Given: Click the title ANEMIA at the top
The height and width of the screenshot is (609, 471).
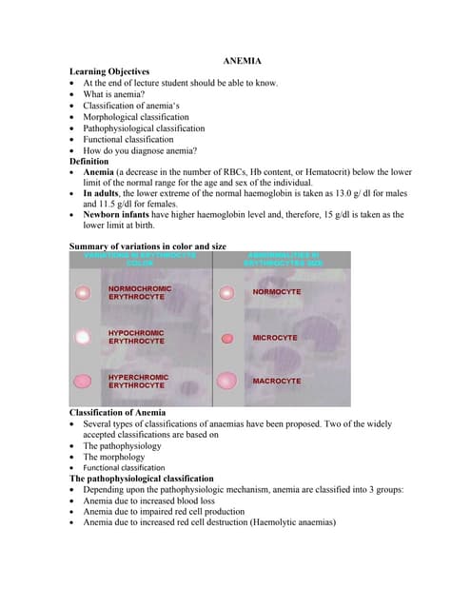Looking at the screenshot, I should tap(242, 61).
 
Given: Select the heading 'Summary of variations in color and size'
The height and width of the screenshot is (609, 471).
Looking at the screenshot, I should tap(147, 246).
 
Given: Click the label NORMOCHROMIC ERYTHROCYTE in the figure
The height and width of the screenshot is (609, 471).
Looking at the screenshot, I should tap(140, 292).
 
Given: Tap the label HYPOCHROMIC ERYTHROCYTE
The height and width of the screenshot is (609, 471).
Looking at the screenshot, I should tap(136, 337).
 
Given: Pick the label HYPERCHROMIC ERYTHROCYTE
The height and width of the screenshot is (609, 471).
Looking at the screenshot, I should tap(138, 382).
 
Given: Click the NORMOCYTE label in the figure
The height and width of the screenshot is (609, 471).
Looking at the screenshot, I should tap(276, 291).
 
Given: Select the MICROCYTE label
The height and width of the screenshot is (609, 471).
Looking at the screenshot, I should tap(275, 338).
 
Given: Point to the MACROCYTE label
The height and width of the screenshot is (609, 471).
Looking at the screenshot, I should tap(276, 382).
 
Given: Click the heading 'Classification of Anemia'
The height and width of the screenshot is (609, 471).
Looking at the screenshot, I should tap(117, 412).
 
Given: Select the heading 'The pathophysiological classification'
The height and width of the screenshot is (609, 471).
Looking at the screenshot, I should tap(142, 479).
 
